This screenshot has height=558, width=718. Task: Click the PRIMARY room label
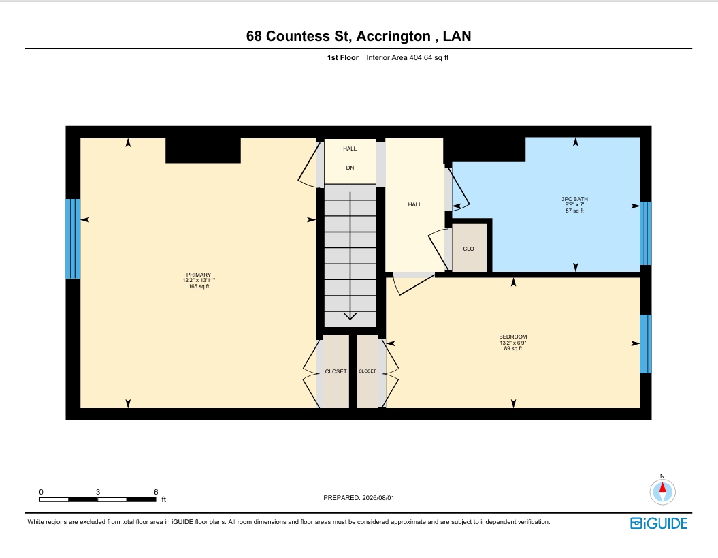point(198,275)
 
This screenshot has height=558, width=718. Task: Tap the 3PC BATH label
point(574,199)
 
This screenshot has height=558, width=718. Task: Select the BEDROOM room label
point(513,337)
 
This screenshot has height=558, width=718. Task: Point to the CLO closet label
point(468,249)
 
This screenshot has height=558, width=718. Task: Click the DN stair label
point(350,168)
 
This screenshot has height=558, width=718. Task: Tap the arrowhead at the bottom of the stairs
point(350,316)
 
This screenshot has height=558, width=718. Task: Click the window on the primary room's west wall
point(73,238)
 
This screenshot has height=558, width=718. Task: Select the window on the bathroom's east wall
point(646,234)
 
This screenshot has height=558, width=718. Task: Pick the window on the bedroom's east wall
point(646,344)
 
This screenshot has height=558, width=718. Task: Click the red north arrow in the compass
point(662,487)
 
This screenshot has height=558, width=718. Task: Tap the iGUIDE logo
point(659,523)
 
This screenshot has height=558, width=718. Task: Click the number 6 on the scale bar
point(156,492)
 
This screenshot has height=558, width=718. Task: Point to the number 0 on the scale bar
point(42,492)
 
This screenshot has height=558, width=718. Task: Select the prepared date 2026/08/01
point(378,497)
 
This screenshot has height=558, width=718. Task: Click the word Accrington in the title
point(393,36)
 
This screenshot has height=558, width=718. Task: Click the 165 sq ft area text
point(199,287)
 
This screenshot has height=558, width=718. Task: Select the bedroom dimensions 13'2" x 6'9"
point(513,343)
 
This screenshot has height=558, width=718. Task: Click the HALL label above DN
point(350,149)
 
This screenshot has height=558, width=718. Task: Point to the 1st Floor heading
point(343,57)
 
